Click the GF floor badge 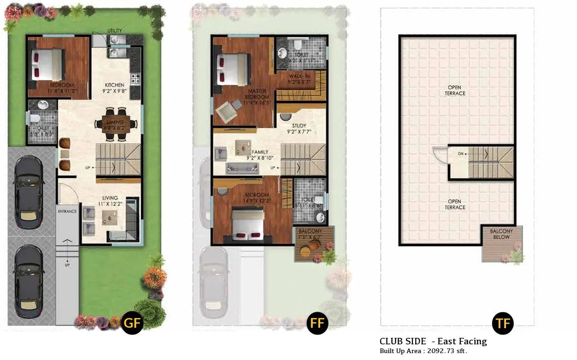[132, 323]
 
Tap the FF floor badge [317, 323]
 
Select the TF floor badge [503, 323]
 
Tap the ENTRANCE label [67, 211]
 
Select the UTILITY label [115, 31]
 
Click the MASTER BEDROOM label [257, 94]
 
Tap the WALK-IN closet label [299, 76]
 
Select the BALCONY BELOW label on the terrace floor [501, 234]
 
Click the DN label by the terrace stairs [460, 153]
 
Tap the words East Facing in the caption [462, 342]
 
